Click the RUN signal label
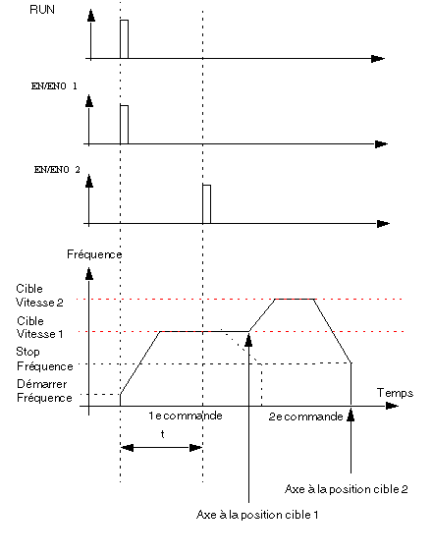pos(42,10)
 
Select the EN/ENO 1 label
pos(54,86)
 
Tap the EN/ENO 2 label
pos(57,170)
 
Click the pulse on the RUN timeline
pos(124,39)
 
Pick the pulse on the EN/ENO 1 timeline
pos(124,125)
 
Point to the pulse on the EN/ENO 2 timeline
pos(206,204)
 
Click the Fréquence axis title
pos(94,254)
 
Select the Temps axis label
pos(395,393)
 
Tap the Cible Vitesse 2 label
pos(39,296)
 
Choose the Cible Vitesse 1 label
pos(39,327)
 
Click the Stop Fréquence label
pos(44,359)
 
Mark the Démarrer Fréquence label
pos(44,391)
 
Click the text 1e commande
pos(186,416)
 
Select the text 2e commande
pos(306,416)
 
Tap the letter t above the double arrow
pos(162,434)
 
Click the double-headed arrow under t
pos(162,448)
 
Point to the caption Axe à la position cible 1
pos(257,515)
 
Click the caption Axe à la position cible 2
pos(347,489)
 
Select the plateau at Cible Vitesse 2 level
pos(296,299)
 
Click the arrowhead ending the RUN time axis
pos(378,59)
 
